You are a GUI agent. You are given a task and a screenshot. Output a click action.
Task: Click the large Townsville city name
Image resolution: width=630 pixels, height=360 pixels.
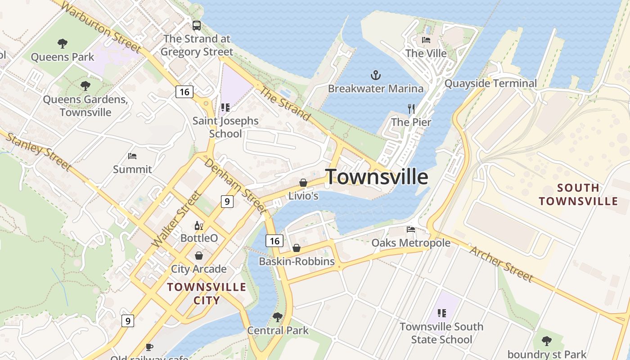pyautogui.click(x=377, y=177)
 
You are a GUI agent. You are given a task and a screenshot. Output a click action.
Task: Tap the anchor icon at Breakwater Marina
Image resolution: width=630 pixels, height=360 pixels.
pyautogui.click(x=375, y=75)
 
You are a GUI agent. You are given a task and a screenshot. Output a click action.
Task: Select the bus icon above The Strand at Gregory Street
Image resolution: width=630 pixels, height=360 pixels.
pyautogui.click(x=197, y=25)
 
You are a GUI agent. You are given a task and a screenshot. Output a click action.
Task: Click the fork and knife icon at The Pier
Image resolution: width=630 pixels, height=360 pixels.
pyautogui.click(x=411, y=108)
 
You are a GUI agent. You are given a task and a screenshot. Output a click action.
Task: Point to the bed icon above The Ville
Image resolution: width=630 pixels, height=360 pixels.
pyautogui.click(x=426, y=40)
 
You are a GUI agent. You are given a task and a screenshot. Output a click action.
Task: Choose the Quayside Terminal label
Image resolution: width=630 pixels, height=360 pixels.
pyautogui.click(x=490, y=83)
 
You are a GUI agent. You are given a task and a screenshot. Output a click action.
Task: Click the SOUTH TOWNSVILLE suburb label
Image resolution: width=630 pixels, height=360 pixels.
pyautogui.click(x=579, y=194)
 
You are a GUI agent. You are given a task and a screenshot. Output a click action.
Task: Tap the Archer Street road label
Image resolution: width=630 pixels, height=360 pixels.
pyautogui.click(x=501, y=264)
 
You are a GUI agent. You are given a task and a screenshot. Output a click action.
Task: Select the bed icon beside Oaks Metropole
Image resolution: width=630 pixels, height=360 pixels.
pyautogui.click(x=411, y=229)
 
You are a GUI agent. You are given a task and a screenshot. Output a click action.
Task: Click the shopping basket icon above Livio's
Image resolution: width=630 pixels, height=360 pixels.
pyautogui.click(x=303, y=183)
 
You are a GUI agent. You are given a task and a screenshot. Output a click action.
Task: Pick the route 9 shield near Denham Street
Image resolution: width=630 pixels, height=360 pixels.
pyautogui.click(x=227, y=202)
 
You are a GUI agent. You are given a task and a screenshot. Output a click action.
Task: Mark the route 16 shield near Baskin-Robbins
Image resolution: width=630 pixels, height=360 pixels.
pyautogui.click(x=274, y=241)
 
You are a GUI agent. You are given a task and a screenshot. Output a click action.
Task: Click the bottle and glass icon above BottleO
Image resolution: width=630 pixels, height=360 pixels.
pyautogui.click(x=198, y=225)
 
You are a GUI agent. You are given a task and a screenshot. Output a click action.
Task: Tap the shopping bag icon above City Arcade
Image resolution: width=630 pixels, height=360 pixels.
pyautogui.click(x=198, y=256)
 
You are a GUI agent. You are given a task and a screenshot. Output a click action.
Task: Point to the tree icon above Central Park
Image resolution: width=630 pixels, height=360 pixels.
pyautogui.click(x=278, y=317)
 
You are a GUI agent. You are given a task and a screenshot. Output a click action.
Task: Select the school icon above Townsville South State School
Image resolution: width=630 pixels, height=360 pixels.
pyautogui.click(x=441, y=313)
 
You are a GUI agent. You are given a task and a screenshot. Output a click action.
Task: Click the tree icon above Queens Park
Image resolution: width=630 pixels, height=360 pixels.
pyautogui.click(x=63, y=44)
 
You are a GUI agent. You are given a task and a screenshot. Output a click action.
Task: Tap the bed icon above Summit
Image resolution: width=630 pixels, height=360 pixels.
pyautogui.click(x=132, y=156)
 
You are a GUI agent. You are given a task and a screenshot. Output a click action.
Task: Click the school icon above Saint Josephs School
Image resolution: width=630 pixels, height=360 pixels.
pyautogui.click(x=225, y=108)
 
